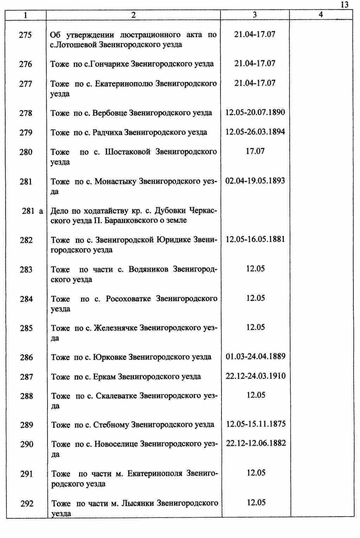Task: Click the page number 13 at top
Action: tap(344, 5)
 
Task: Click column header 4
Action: tap(320, 14)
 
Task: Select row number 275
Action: tap(26, 35)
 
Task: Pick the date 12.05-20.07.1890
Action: tap(255, 113)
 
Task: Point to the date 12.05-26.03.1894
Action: tap(255, 132)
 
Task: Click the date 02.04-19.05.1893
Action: tap(255, 181)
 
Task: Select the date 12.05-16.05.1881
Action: tap(255, 239)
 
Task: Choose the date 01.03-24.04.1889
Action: tap(256, 356)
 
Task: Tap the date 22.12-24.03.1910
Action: tap(256, 376)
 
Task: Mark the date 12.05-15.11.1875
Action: tap(256, 424)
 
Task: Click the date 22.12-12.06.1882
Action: tap(256, 443)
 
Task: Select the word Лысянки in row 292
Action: tap(137, 503)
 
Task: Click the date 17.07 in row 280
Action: tap(255, 151)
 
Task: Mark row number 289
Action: tap(27, 425)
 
